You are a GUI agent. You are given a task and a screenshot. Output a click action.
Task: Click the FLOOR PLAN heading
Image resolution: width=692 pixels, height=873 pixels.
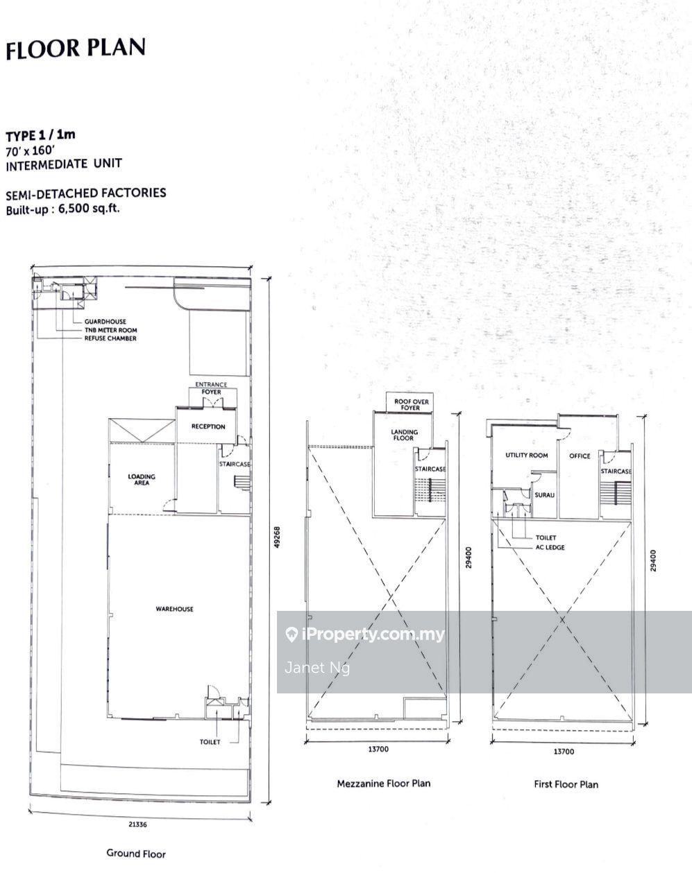click(x=76, y=49)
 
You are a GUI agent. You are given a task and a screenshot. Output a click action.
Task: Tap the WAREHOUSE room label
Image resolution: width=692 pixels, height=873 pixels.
click(x=175, y=609)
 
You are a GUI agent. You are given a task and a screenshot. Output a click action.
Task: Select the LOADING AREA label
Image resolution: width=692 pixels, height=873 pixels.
click(x=142, y=480)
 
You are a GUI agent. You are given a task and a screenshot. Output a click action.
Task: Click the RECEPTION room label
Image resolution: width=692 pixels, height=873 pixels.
click(x=208, y=426)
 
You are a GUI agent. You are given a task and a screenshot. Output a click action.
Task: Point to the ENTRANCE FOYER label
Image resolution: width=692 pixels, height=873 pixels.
click(x=211, y=388)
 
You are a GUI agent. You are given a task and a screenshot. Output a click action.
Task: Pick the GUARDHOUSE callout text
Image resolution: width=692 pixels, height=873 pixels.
click(x=106, y=321)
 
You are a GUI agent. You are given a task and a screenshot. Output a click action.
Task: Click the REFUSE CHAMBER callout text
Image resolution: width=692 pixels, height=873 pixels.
click(x=110, y=338)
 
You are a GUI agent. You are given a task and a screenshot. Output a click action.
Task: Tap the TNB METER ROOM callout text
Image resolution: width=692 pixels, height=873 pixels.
click(x=111, y=330)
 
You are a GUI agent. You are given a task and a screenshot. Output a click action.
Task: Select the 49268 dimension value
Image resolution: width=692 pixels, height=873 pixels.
click(x=278, y=537)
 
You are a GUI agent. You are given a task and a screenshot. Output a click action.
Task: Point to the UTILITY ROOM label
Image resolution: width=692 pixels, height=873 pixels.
click(x=527, y=455)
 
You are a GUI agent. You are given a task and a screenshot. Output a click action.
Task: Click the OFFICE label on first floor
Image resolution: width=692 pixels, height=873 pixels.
click(x=580, y=456)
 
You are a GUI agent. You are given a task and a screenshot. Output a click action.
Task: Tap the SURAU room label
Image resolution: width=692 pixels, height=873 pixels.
click(x=545, y=495)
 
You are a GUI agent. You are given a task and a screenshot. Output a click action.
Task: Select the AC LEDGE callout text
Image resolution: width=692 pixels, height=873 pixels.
click(x=550, y=547)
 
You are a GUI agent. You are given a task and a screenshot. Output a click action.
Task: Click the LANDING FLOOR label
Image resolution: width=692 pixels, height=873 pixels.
click(x=404, y=435)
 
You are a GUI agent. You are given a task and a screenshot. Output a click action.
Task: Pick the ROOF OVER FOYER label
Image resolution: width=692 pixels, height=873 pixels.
click(x=412, y=404)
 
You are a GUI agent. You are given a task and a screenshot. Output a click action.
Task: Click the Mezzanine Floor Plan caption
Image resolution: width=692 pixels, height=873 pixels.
click(x=384, y=784)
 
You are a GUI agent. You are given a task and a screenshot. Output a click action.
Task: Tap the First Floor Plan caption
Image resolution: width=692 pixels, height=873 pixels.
click(x=566, y=784)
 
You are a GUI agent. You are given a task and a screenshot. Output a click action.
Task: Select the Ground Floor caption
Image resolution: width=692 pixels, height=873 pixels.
click(x=136, y=854)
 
